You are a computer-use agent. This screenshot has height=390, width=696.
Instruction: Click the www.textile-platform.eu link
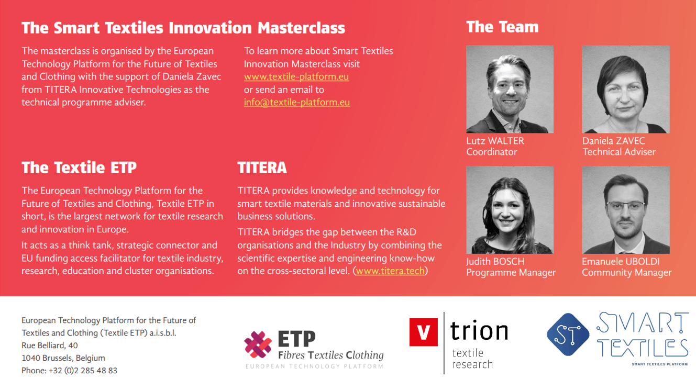296,77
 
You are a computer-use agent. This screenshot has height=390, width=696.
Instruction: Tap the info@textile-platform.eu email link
297,103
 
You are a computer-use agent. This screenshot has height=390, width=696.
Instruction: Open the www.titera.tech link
390,271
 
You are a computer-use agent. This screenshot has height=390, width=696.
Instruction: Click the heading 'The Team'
502,27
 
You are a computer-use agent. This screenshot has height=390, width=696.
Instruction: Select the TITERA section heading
262,168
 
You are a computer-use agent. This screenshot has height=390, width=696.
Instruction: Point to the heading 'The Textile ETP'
79,168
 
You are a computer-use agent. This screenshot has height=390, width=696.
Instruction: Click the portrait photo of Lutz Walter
510,90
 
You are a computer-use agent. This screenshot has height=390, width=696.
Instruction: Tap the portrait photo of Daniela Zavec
626,90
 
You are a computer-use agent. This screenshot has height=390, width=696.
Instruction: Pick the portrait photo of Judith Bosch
510,210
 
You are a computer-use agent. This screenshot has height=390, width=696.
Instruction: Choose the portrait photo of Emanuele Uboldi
626,210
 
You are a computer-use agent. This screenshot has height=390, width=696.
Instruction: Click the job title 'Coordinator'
492,152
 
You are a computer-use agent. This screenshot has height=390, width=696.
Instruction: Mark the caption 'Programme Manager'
511,273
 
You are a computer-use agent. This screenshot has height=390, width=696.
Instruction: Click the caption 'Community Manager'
627,273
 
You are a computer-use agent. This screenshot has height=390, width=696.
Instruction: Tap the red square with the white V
424,332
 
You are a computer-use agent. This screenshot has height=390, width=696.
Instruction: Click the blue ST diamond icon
568,335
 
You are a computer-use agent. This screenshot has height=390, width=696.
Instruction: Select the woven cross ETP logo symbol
258,344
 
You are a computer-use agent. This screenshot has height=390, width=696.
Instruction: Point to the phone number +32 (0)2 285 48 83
83,371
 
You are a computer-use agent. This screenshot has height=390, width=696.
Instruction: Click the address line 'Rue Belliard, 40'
50,346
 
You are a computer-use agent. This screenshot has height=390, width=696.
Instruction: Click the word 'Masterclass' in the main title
301,28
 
